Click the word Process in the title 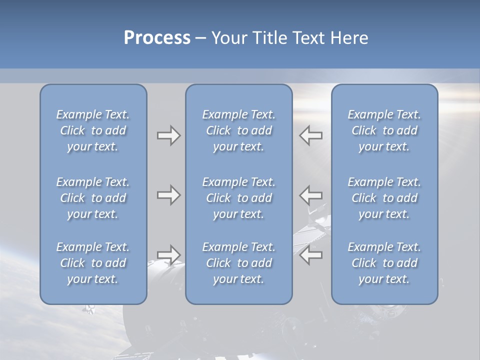157,38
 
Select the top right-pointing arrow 168,135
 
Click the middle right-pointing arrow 168,195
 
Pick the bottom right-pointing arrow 168,254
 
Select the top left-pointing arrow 311,135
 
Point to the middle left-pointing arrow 311,195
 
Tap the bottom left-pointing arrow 311,254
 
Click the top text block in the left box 93,130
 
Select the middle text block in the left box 93,198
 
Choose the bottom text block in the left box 93,263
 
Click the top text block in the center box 238,130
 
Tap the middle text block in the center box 238,198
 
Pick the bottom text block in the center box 238,263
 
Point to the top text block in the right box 384,130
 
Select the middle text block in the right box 384,198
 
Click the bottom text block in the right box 384,263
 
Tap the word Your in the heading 228,38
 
